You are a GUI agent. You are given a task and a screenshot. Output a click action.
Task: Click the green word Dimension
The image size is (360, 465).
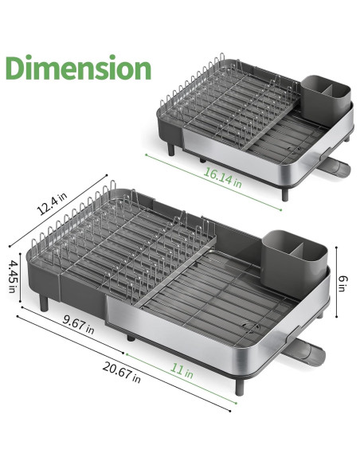click(78, 68)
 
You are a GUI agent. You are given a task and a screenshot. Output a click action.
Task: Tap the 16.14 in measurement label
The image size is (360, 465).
click(222, 178)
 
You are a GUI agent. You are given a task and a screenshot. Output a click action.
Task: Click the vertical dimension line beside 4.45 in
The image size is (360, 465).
click(22, 275)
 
